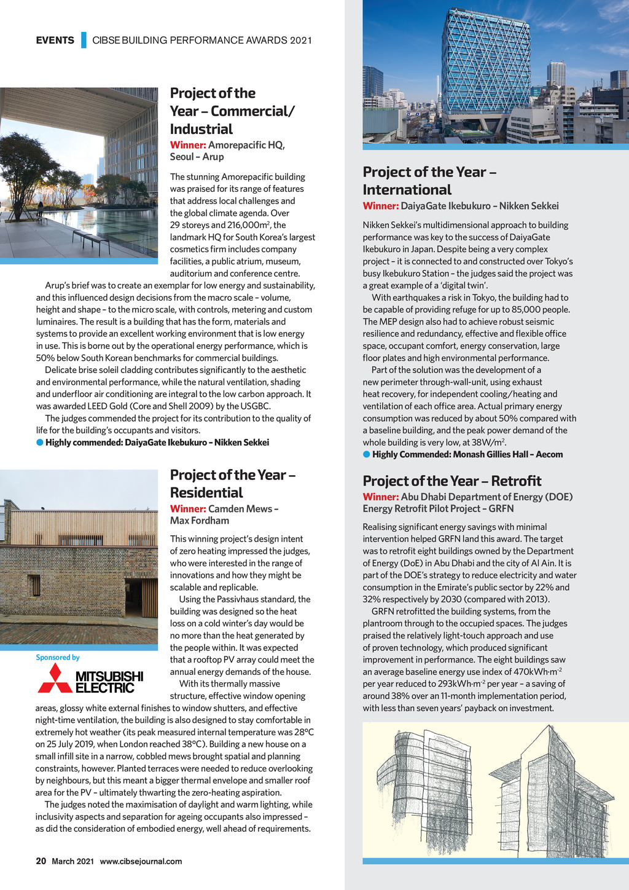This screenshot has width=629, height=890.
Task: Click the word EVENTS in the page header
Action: pos(55,41)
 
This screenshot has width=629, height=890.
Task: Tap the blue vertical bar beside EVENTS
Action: pos(84,40)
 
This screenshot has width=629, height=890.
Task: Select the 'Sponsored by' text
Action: pos(58,658)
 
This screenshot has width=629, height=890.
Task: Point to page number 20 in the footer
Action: pos(41,861)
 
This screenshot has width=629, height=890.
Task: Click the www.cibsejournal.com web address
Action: pos(141,861)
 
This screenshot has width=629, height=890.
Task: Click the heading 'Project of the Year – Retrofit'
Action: pos(452,481)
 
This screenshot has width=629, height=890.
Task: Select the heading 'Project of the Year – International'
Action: pos(429,180)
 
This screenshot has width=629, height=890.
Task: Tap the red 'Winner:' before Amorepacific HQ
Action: pos(188,145)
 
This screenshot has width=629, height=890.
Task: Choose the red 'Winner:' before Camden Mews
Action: pos(188,508)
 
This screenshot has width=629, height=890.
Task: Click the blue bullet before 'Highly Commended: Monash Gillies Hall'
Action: pos(366,454)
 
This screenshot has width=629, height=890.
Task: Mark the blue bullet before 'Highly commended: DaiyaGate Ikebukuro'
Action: pos(40,443)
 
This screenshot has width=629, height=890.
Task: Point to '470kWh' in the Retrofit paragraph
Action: pos(533,672)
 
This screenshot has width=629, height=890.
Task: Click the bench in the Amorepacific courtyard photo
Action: pos(91,239)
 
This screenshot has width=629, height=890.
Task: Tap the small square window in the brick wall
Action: pos(34,585)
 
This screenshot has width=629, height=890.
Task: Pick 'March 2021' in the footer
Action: pos(72,861)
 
